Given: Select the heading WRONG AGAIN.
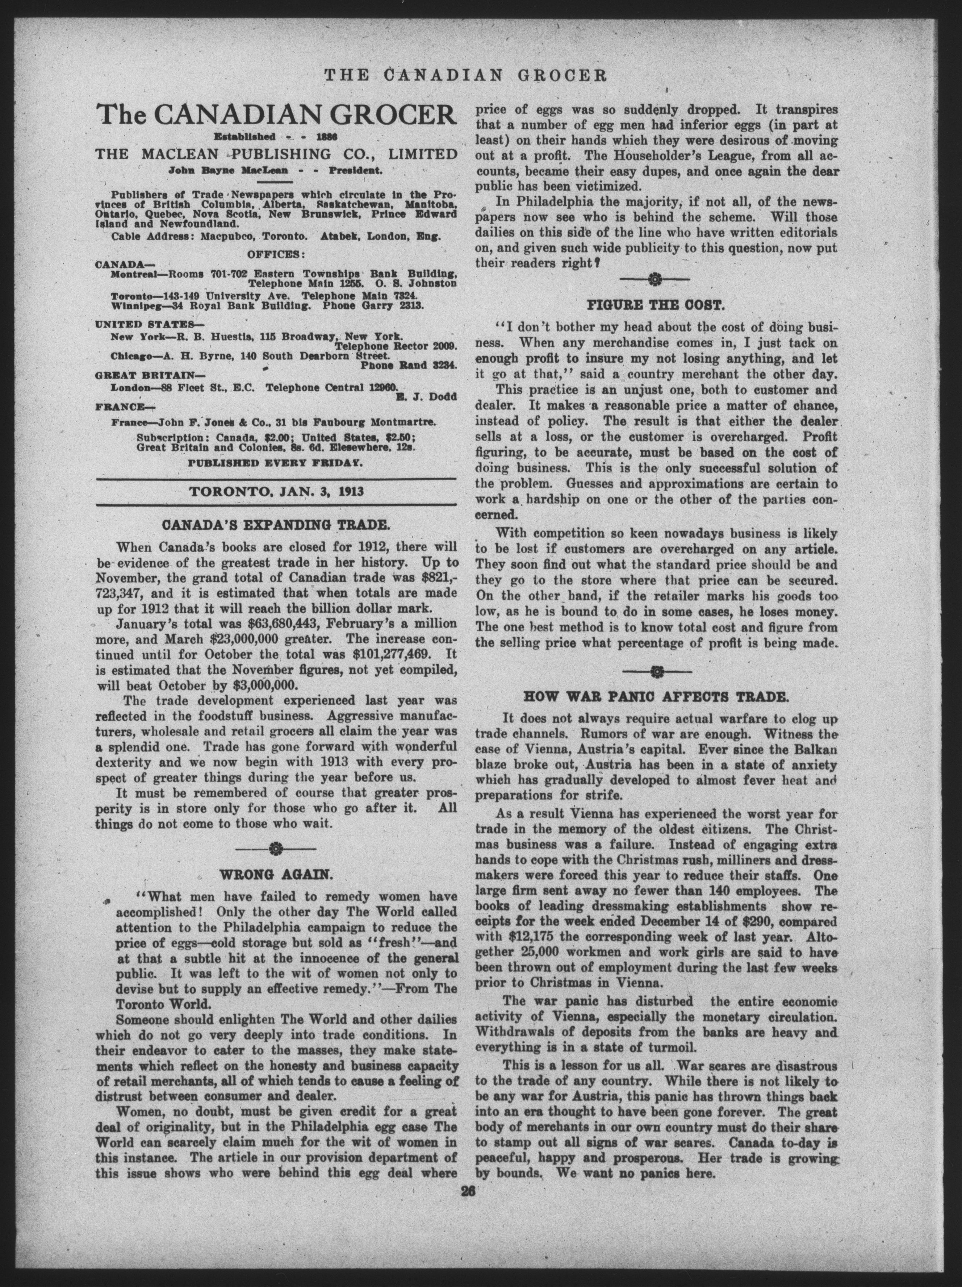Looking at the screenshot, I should point(275,874).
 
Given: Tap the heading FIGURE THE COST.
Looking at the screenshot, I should point(655,305).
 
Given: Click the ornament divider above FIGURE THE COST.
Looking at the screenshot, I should point(655,280).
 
